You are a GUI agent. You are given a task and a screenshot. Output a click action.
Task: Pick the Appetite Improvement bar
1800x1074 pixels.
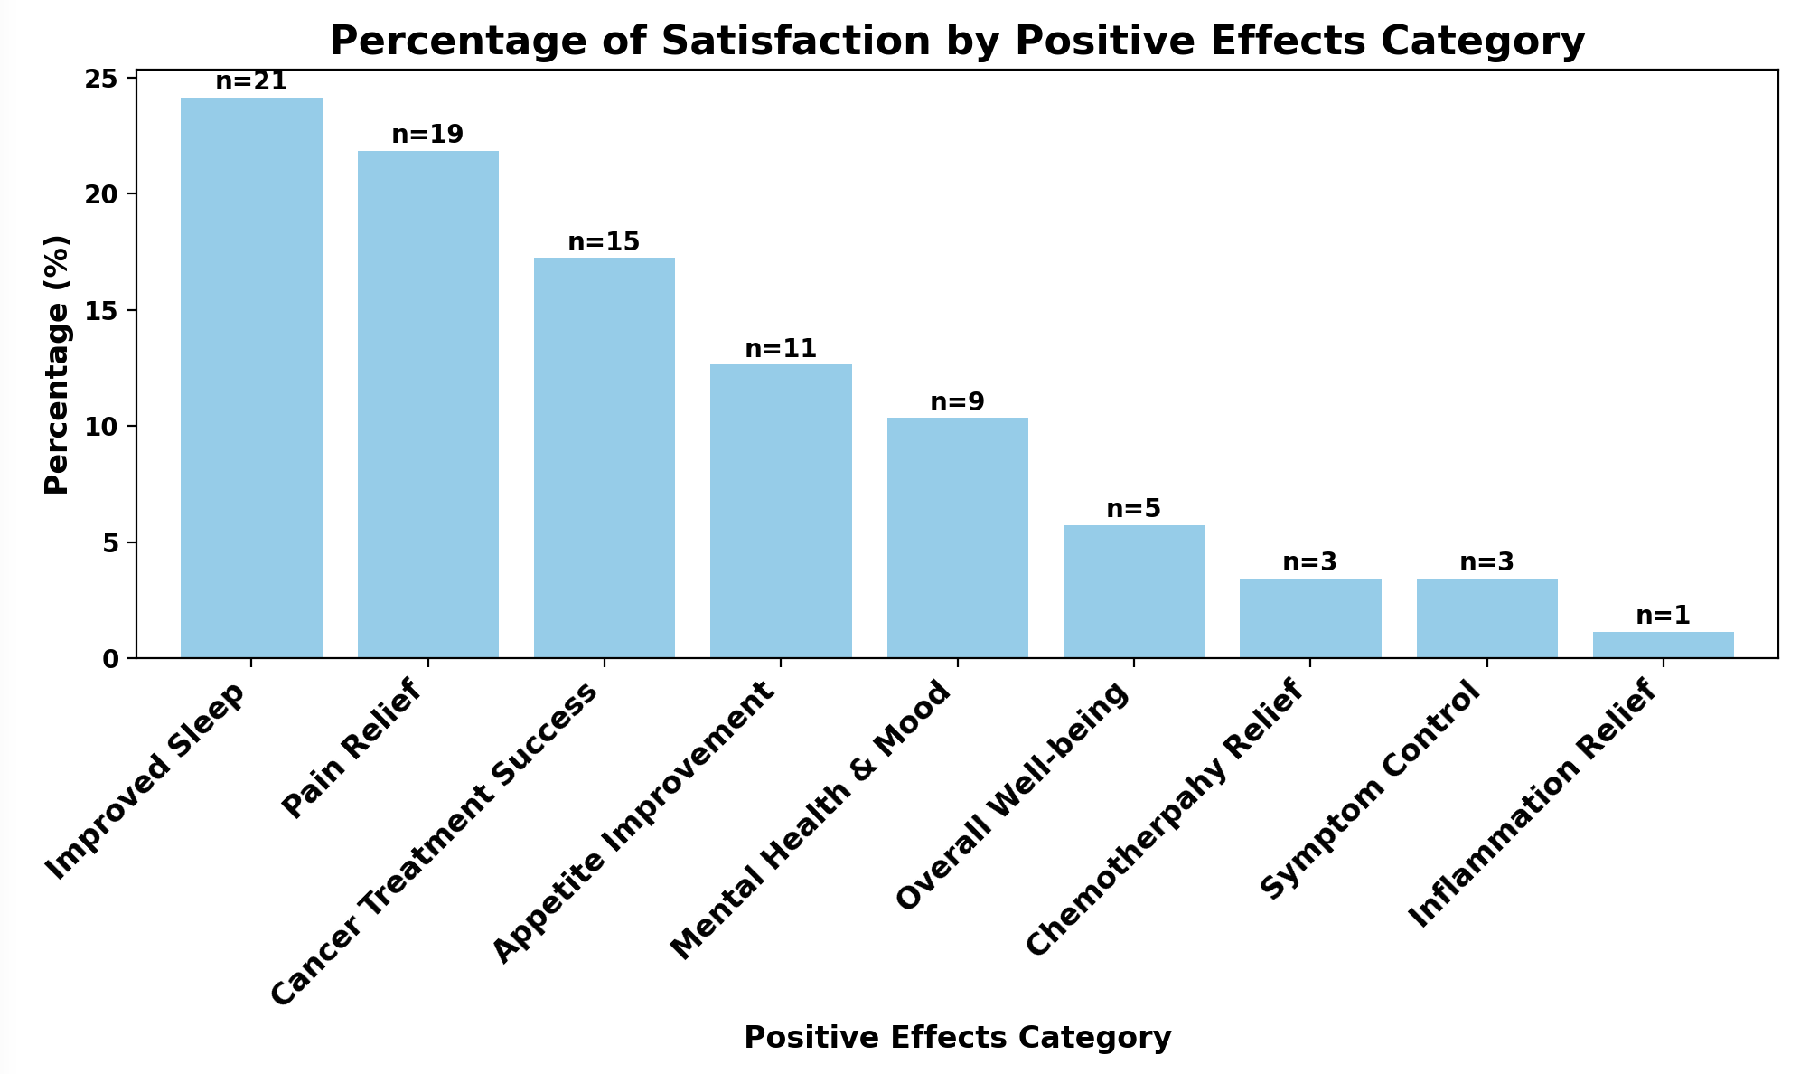tap(781, 511)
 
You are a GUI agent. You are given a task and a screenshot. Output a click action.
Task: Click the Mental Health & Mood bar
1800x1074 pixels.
tap(957, 538)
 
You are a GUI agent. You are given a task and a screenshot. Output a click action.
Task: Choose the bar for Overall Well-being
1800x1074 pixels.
tap(1133, 591)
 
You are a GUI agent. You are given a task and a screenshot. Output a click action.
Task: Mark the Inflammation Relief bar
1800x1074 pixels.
tap(1663, 645)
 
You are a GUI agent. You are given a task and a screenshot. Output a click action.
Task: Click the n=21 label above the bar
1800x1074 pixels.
tap(251, 82)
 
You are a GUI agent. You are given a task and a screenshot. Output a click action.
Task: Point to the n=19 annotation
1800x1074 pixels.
tap(427, 136)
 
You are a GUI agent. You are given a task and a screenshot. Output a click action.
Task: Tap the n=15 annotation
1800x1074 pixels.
tap(604, 242)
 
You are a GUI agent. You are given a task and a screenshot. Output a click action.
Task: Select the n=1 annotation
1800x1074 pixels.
tap(1663, 617)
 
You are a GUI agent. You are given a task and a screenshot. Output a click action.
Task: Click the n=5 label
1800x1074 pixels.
tap(1133, 510)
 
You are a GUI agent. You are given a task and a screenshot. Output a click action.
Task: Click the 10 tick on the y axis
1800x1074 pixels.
tap(106, 427)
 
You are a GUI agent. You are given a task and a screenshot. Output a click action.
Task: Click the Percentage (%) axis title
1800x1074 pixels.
tap(57, 364)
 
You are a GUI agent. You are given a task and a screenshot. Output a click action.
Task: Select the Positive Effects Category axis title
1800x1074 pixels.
tap(957, 1038)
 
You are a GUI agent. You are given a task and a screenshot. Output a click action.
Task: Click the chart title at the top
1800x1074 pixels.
tap(957, 41)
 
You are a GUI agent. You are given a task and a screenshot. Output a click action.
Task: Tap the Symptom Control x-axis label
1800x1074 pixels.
tap(1374, 792)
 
